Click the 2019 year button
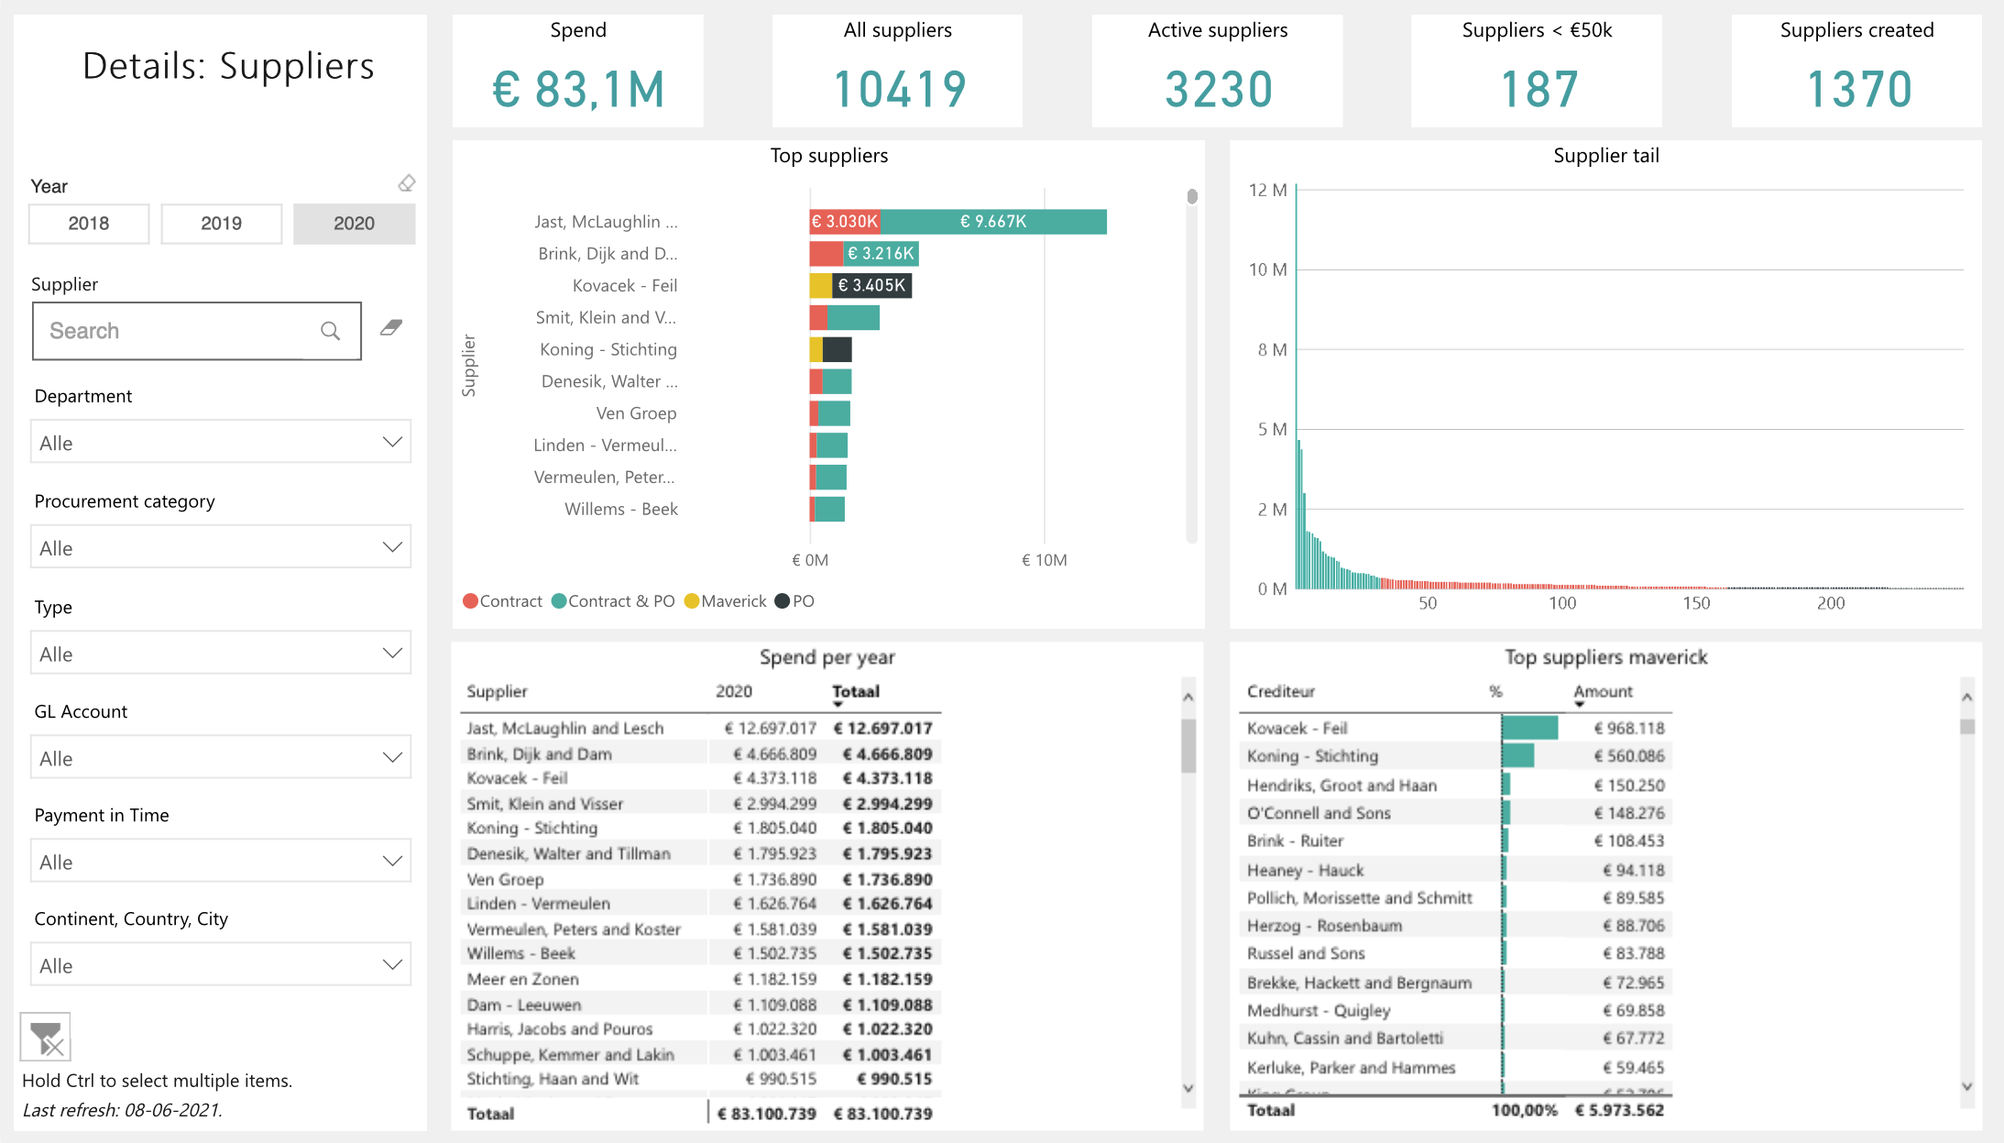click(221, 224)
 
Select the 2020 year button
click(354, 224)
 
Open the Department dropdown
click(220, 443)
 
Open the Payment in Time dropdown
click(220, 862)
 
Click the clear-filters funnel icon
click(46, 1038)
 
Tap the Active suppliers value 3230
click(1218, 90)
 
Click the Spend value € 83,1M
click(578, 90)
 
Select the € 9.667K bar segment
click(993, 222)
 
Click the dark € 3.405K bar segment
click(871, 285)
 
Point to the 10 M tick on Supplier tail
click(1268, 269)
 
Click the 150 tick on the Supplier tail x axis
click(1696, 603)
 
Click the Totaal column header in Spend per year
click(856, 692)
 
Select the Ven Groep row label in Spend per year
click(505, 879)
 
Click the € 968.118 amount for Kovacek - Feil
click(1628, 728)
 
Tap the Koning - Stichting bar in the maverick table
click(1517, 755)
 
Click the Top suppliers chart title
click(828, 156)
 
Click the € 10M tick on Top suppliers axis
click(1044, 560)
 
